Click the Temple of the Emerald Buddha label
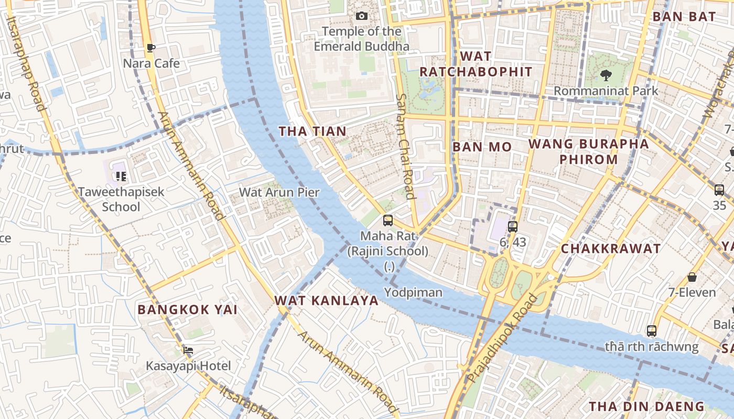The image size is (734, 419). click(361, 39)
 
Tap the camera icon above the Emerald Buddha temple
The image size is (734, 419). click(361, 16)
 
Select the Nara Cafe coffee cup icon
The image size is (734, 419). click(151, 48)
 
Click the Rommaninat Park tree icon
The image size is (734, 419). click(606, 75)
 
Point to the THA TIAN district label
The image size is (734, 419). click(312, 131)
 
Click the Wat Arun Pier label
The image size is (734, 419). click(279, 192)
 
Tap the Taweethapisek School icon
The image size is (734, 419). click(121, 177)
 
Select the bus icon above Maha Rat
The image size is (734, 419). click(388, 220)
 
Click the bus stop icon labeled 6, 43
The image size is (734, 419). click(513, 227)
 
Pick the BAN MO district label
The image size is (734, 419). click(482, 147)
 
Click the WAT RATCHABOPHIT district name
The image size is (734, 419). click(476, 64)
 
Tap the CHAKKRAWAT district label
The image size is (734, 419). click(611, 249)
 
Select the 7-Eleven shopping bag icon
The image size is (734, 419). click(692, 277)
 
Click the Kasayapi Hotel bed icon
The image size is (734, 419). click(188, 350)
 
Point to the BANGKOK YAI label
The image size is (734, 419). click(187, 310)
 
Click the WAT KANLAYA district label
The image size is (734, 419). click(326, 301)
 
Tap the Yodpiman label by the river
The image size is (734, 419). click(413, 292)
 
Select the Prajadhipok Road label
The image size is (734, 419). click(503, 338)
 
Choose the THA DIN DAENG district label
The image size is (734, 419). click(646, 406)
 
